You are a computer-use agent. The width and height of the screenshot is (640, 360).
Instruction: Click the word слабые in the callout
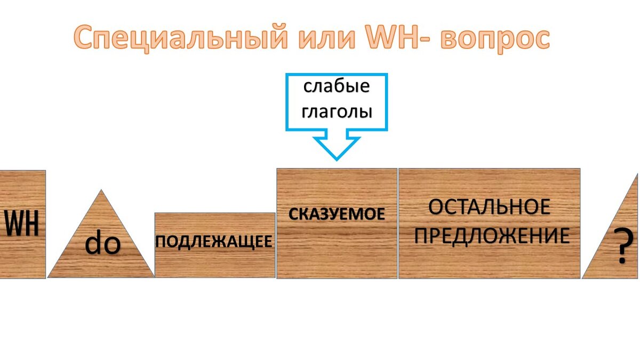click(337, 87)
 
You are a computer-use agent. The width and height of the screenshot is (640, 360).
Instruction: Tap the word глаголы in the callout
click(337, 112)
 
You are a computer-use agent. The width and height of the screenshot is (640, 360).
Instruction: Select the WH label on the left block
click(22, 224)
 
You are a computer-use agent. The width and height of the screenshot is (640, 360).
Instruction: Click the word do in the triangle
click(103, 244)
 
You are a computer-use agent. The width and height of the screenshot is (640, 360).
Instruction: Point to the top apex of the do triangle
click(100, 190)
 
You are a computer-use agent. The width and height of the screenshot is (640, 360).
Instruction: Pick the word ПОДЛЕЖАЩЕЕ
click(214, 242)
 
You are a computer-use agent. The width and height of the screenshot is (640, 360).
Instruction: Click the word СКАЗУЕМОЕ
click(337, 214)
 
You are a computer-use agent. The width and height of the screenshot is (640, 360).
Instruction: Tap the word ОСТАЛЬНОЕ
click(489, 207)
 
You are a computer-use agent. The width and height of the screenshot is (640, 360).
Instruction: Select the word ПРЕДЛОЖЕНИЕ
click(491, 236)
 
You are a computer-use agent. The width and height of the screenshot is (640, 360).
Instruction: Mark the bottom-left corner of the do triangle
click(49, 277)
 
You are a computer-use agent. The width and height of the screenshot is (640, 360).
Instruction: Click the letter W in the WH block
click(14, 224)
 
